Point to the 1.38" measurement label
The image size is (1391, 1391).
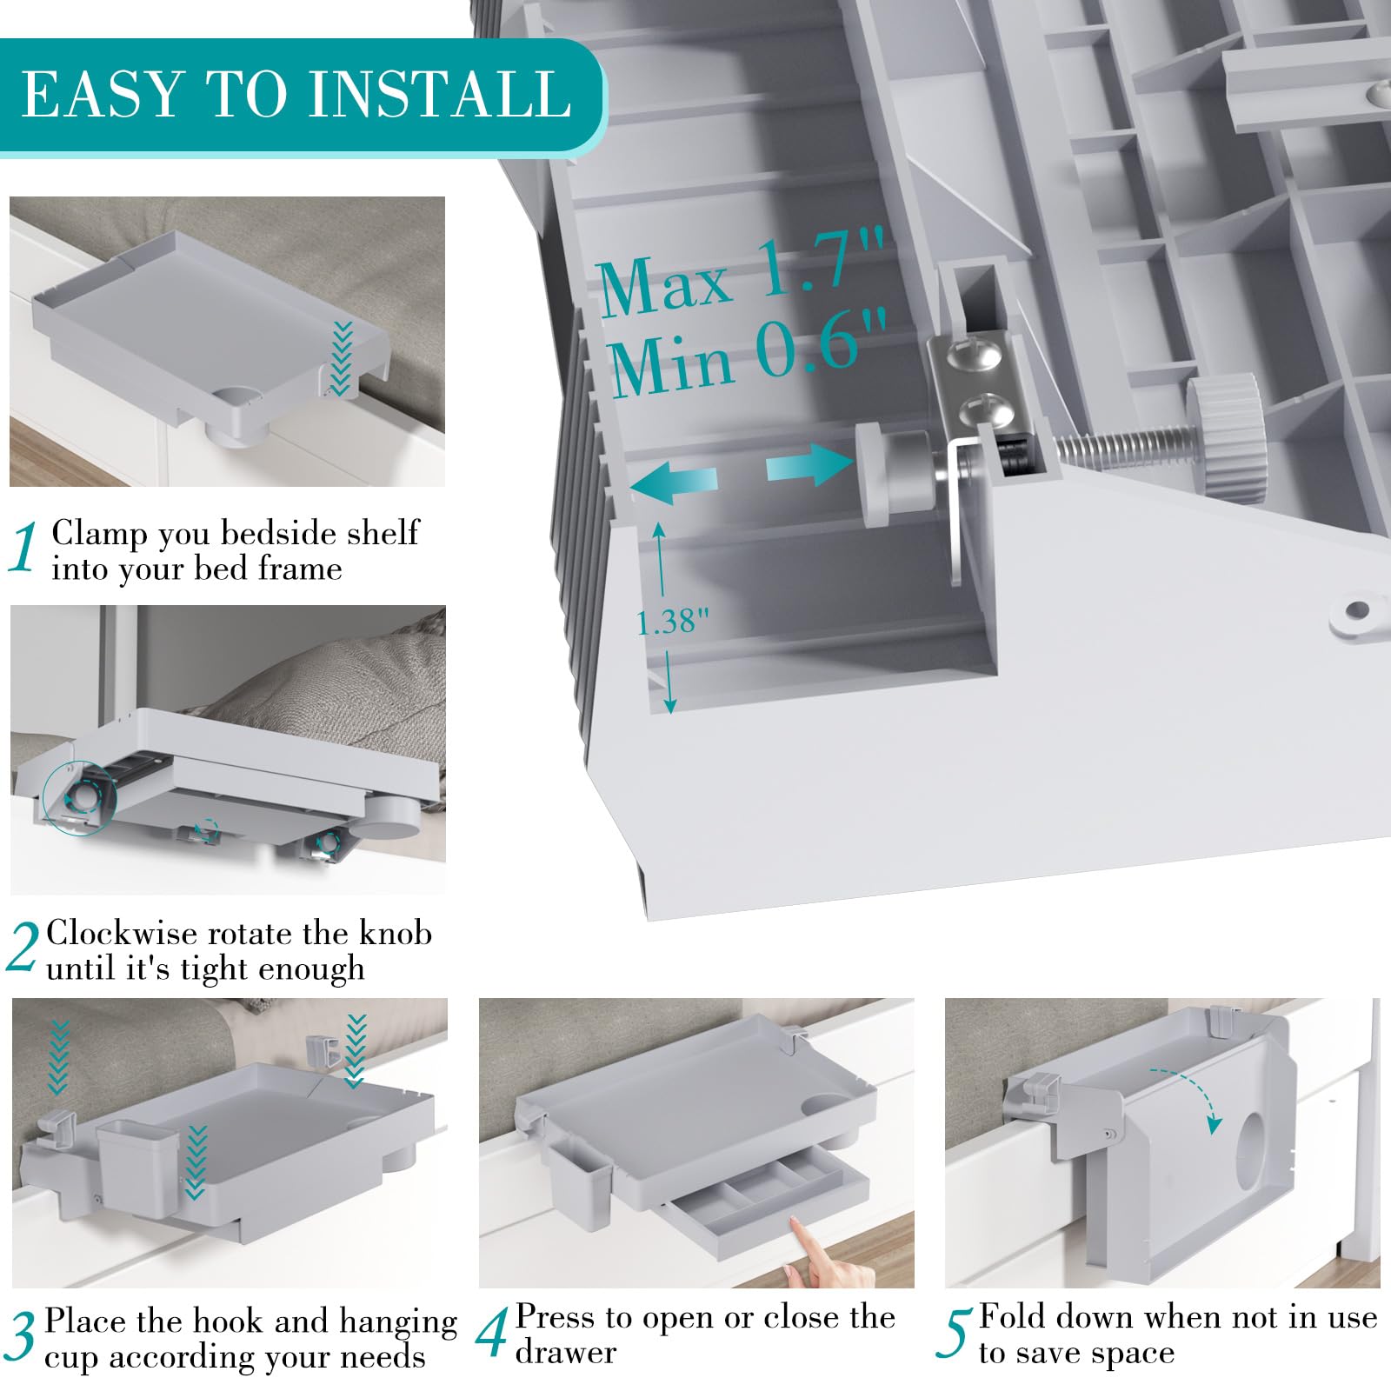[x=673, y=622]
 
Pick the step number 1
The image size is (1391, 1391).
[x=24, y=548]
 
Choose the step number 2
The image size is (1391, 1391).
[x=23, y=948]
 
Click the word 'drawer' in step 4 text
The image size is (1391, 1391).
[x=565, y=1353]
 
